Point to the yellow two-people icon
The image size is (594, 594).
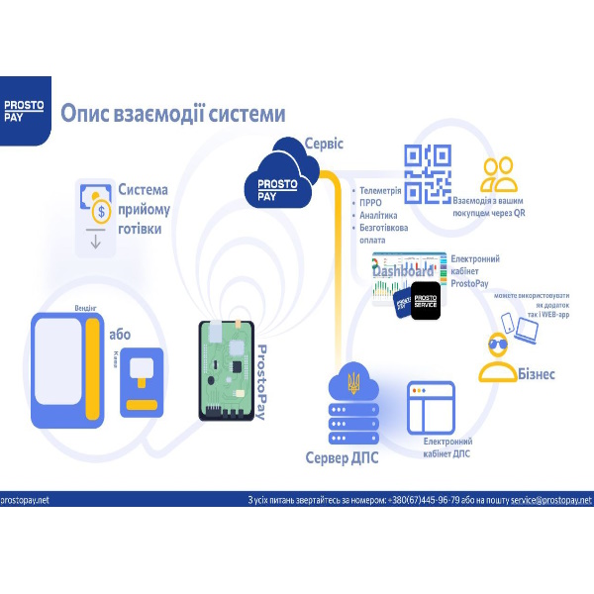click(500, 175)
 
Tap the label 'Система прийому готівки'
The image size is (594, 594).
click(145, 208)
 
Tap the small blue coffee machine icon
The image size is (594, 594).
click(144, 380)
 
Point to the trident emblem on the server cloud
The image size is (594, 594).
click(353, 380)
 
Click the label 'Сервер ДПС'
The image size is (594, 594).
click(343, 458)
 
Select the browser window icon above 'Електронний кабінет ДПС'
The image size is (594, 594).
click(431, 406)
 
